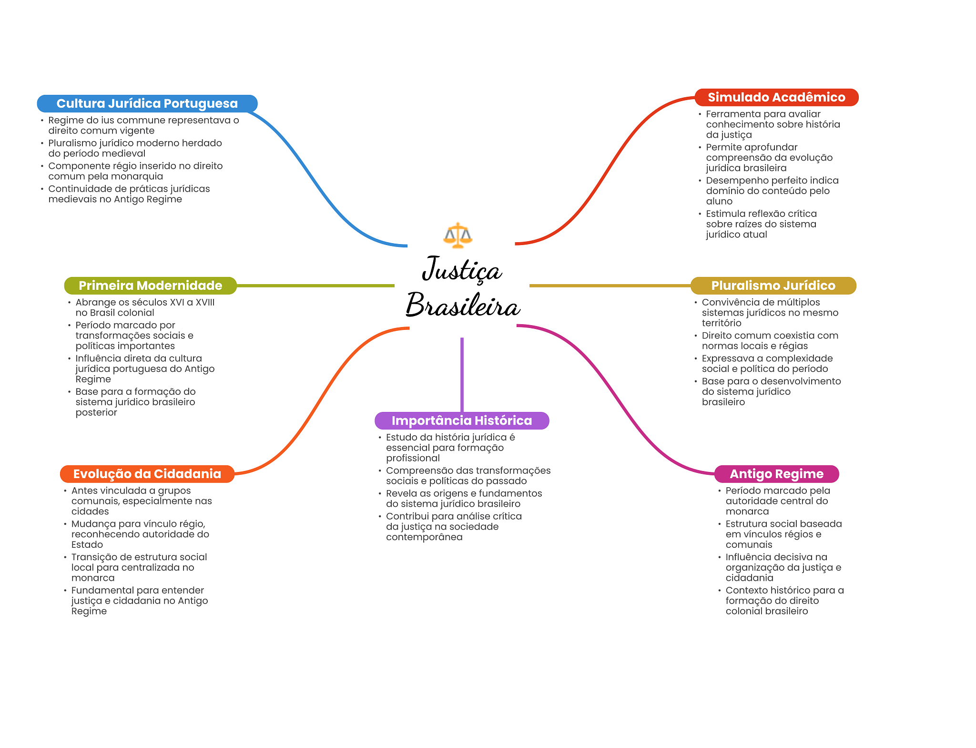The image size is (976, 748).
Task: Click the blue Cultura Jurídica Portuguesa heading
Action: pyautogui.click(x=147, y=103)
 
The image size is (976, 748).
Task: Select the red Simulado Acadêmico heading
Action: pyautogui.click(x=776, y=97)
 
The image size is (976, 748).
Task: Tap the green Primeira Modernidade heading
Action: pyautogui.click(x=151, y=286)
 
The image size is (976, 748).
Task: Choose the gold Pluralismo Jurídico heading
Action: pyautogui.click(x=773, y=286)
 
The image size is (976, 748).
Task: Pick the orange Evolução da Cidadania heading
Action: pyautogui.click(x=147, y=474)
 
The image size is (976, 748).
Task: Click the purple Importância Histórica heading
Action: pyautogui.click(x=462, y=420)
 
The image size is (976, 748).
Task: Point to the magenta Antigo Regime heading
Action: pyautogui.click(x=777, y=474)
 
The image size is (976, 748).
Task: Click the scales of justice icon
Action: pyautogui.click(x=457, y=235)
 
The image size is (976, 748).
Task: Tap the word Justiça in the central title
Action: pyautogui.click(x=462, y=269)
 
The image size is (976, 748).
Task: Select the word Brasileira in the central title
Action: pyautogui.click(x=463, y=305)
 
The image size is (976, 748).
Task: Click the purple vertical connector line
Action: pyautogui.click(x=462, y=375)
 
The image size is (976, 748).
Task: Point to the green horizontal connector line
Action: pyautogui.click(x=315, y=286)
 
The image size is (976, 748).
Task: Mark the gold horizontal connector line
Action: pyautogui.click(x=610, y=286)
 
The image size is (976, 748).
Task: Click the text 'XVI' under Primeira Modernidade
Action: pyautogui.click(x=177, y=302)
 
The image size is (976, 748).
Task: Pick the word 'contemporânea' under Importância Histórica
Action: pyautogui.click(x=424, y=537)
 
